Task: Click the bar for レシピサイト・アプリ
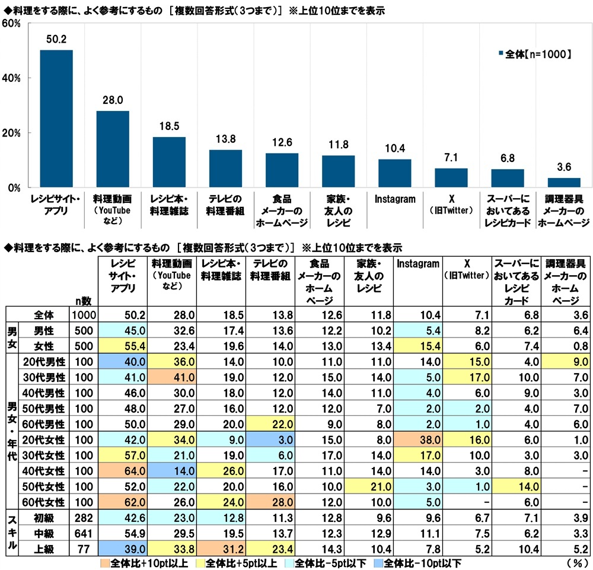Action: (x=56, y=119)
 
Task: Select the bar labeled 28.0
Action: (x=113, y=149)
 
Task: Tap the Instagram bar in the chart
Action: (x=395, y=173)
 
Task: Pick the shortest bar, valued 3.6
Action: (x=564, y=183)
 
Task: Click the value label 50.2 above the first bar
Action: (x=56, y=39)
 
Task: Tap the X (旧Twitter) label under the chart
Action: (x=451, y=205)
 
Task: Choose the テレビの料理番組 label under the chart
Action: (x=225, y=205)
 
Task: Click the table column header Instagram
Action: (x=419, y=265)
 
